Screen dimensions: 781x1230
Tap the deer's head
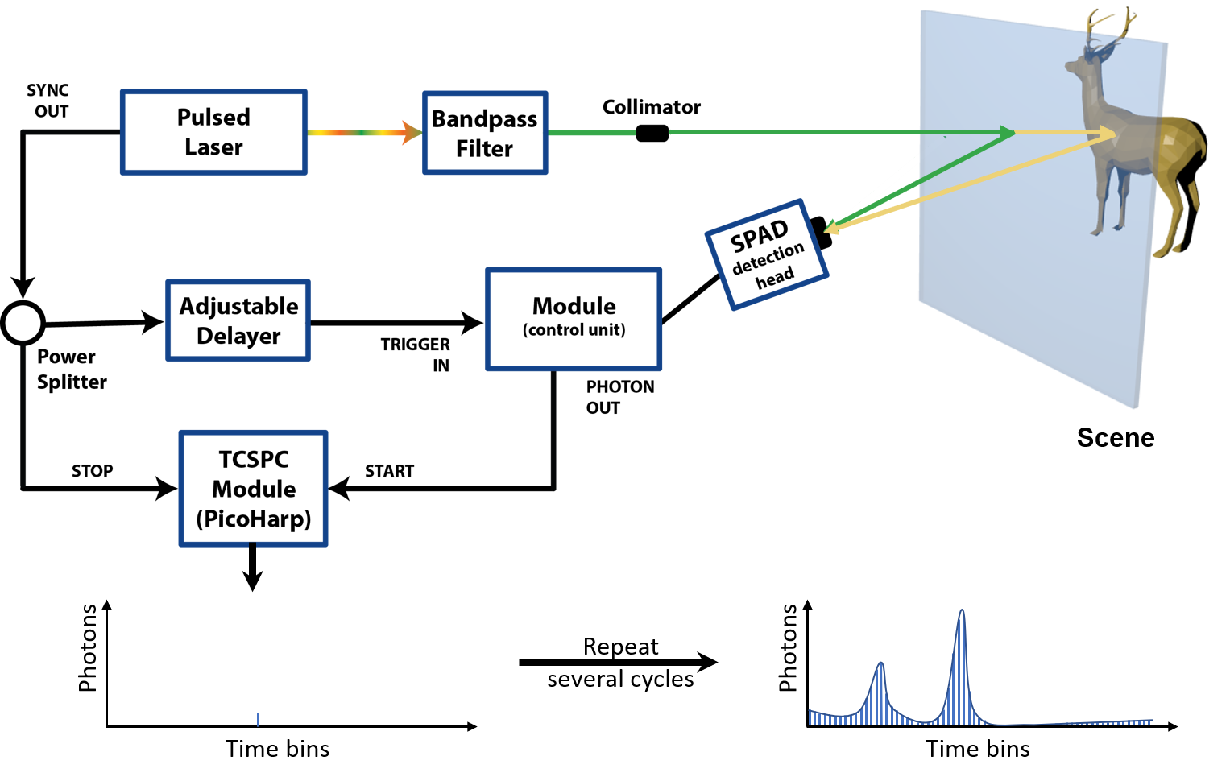click(x=1084, y=64)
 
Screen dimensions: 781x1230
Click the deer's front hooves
click(x=1108, y=229)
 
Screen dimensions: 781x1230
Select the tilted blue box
click(x=767, y=254)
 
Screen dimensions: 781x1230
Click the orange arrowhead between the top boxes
click(x=412, y=132)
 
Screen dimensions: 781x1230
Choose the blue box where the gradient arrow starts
click(x=213, y=132)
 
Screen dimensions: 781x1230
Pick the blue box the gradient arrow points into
click(x=485, y=133)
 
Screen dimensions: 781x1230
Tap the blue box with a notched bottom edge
click(x=253, y=488)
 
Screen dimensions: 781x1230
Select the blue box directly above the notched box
click(x=238, y=320)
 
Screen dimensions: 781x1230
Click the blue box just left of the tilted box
click(x=574, y=319)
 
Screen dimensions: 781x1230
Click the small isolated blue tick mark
click(x=258, y=719)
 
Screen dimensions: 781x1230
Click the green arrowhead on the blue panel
click(x=1007, y=132)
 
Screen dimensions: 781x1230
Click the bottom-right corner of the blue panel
click(x=1137, y=407)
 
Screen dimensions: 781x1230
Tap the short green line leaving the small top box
click(x=592, y=133)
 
